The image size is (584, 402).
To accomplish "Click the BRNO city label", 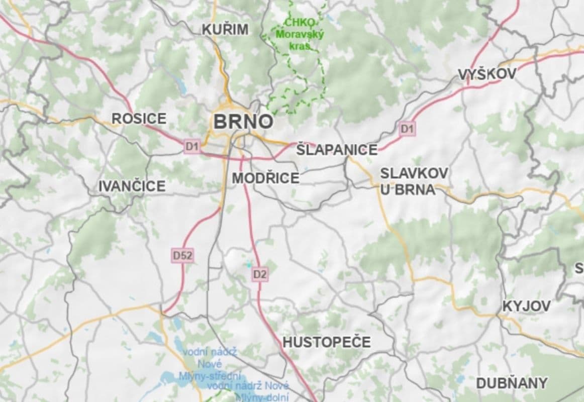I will pyautogui.click(x=243, y=122).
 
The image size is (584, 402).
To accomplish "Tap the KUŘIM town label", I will pyautogui.click(x=225, y=30).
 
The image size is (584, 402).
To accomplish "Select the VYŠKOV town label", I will pyautogui.click(x=487, y=74).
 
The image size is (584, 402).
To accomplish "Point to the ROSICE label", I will pyautogui.click(x=139, y=119).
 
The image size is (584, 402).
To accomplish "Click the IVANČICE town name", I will pyautogui.click(x=132, y=186).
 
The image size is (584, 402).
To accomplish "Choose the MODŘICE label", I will pyautogui.click(x=265, y=178).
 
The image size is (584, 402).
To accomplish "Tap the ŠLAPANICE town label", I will pyautogui.click(x=337, y=150).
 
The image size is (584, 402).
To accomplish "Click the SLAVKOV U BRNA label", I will pyautogui.click(x=414, y=181).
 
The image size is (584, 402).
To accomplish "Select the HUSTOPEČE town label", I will pyautogui.click(x=327, y=342).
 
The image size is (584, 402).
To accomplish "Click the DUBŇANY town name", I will pyautogui.click(x=512, y=383).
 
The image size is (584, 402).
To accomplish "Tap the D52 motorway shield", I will pyautogui.click(x=182, y=256).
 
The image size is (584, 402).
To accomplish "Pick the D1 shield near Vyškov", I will pyautogui.click(x=408, y=129).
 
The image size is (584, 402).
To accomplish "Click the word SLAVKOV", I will pyautogui.click(x=414, y=173).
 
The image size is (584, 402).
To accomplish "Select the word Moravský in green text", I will pyautogui.click(x=300, y=35).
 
